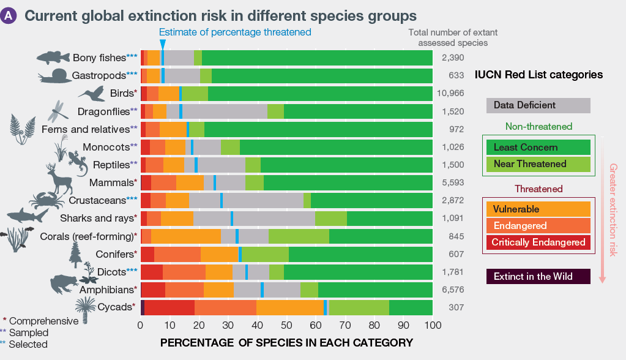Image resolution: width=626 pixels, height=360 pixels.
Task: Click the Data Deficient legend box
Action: [538, 105]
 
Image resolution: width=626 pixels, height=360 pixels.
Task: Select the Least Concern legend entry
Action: [538, 148]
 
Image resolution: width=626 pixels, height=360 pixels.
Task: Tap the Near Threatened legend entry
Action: [538, 164]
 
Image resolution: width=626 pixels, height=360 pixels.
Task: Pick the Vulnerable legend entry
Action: [538, 209]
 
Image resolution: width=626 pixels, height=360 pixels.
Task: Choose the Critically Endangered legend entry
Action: [538, 242]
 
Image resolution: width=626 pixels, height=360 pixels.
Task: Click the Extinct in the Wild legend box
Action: [538, 277]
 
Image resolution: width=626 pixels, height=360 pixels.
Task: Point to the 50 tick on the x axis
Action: [287, 326]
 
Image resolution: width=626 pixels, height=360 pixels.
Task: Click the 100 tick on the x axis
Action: [433, 326]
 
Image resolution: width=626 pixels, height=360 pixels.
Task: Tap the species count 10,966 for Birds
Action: [453, 94]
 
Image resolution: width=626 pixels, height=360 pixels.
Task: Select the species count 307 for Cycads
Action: [453, 307]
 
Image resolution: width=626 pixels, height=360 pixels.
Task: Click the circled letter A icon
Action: [9, 17]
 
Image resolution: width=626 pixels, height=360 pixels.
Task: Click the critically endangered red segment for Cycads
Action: [170, 307]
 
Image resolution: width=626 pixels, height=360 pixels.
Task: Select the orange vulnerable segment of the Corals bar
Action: [186, 236]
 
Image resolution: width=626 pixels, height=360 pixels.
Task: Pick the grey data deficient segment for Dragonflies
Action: [225, 111]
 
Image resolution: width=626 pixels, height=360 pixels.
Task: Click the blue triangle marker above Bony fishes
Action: [162, 44]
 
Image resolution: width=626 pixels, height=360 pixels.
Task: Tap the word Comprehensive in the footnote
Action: [44, 321]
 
